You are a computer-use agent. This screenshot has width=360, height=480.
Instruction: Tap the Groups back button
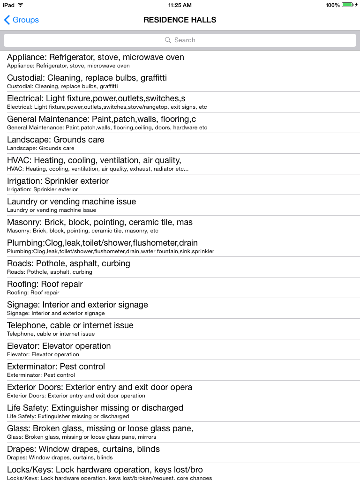tap(22, 20)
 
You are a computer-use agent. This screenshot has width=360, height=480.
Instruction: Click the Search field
tap(180, 40)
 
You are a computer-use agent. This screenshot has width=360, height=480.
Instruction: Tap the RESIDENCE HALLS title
tap(180, 20)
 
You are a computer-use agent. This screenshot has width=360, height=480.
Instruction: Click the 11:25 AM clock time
tap(180, 5)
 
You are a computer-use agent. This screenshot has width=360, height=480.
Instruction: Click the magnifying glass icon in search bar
tap(168, 40)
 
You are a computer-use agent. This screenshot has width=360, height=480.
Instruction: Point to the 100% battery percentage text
tap(332, 5)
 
